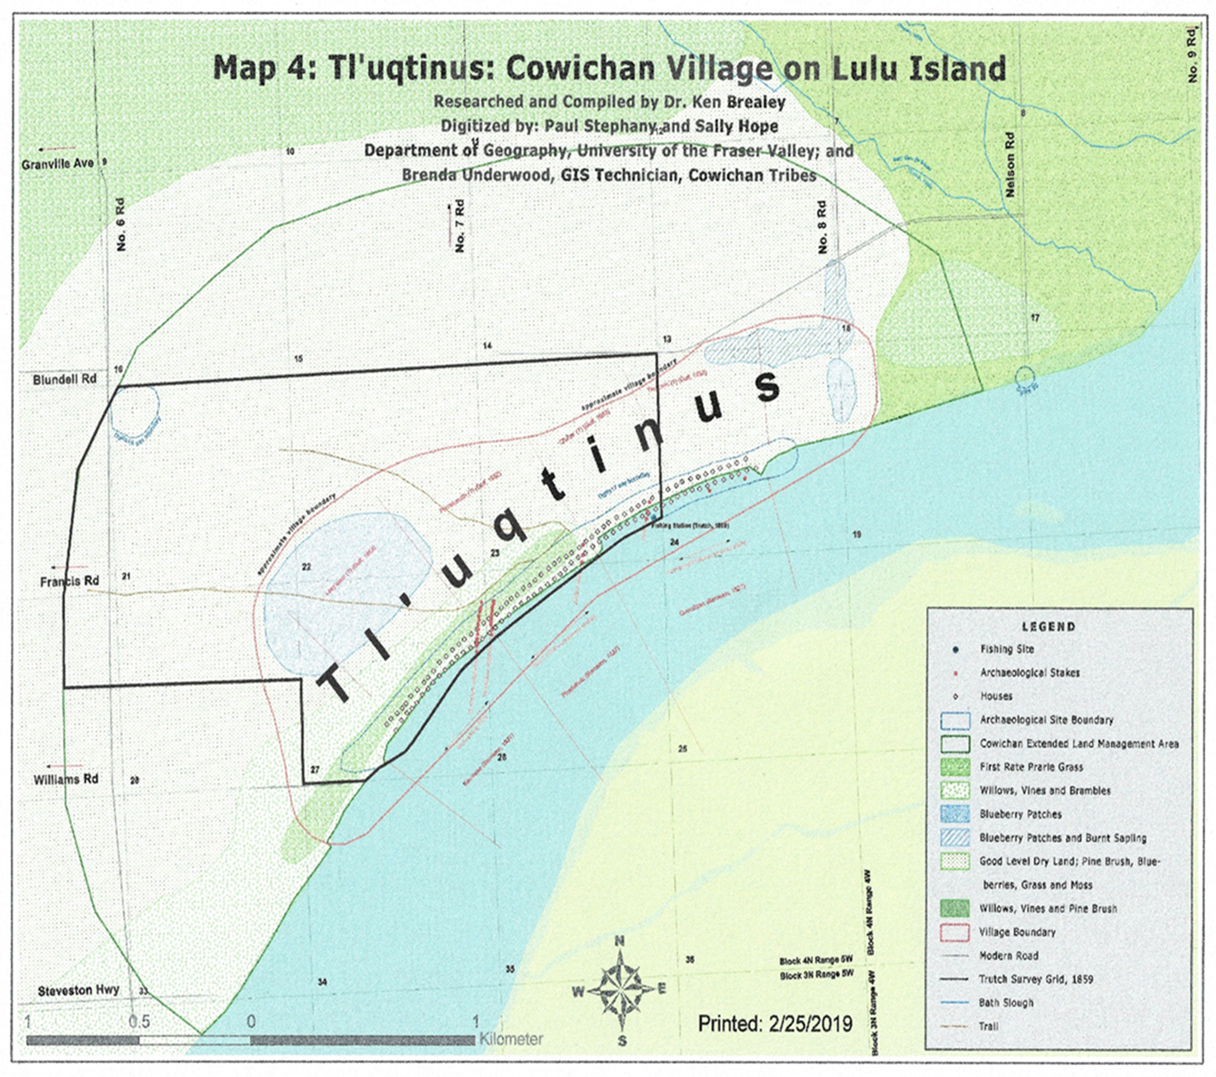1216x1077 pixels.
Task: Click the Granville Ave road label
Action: (x=58, y=164)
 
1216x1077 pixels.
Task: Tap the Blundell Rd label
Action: (x=64, y=380)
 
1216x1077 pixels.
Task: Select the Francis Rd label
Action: (x=70, y=581)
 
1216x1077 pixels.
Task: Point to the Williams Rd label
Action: (x=66, y=779)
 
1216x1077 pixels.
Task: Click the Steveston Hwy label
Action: (x=79, y=991)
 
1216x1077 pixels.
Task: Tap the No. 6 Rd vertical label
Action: (x=121, y=224)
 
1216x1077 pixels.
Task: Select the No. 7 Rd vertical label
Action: (x=461, y=226)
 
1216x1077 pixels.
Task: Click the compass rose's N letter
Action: (x=620, y=941)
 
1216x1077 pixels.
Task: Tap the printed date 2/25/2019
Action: (x=774, y=1024)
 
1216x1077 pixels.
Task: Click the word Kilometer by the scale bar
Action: (x=512, y=1040)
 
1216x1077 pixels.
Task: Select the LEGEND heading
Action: (x=1049, y=626)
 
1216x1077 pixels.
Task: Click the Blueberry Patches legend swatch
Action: (x=955, y=814)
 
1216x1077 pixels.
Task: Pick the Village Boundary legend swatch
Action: (x=955, y=932)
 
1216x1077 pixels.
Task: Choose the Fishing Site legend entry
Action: (x=1006, y=649)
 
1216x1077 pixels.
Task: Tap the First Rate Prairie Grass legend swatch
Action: (x=955, y=767)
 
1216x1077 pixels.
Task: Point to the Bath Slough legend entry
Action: (x=1005, y=1003)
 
